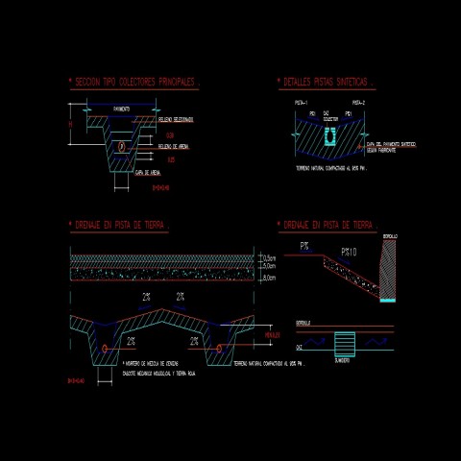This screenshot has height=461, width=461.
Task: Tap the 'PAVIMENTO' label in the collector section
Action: click(121, 109)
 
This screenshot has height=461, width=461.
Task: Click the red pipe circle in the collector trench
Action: click(122, 146)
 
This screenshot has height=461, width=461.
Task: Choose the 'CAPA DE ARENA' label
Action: click(153, 173)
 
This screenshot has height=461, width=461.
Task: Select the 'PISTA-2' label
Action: click(359, 102)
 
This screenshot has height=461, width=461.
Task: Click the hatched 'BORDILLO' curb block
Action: click(387, 269)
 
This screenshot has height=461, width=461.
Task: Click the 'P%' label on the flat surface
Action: click(304, 247)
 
